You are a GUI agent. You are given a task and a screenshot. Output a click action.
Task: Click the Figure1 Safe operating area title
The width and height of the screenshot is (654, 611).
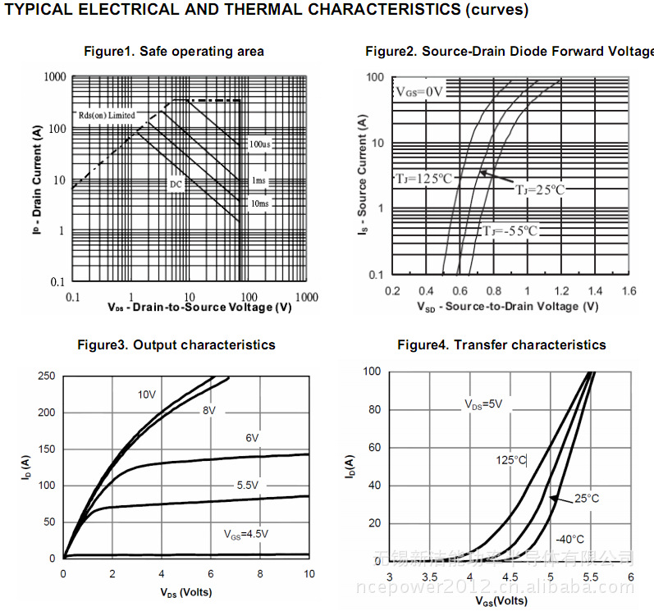pyautogui.click(x=174, y=52)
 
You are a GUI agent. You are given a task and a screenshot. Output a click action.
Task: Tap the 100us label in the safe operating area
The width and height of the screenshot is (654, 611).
pyautogui.click(x=260, y=144)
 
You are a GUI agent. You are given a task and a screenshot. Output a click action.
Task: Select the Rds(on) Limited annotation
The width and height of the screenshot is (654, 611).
pyautogui.click(x=107, y=116)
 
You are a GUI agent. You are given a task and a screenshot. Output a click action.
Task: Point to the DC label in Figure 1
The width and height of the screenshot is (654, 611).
pyautogui.click(x=176, y=185)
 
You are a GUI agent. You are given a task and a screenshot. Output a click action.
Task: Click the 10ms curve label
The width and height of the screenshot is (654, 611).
pyautogui.click(x=258, y=203)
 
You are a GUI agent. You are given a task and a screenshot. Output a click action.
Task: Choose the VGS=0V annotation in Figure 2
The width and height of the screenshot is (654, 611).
pyautogui.click(x=420, y=91)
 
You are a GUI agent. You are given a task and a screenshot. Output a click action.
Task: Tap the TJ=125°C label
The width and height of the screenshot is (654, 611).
pyautogui.click(x=423, y=178)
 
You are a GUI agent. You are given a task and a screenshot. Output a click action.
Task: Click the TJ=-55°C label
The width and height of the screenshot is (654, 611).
pyautogui.click(x=510, y=230)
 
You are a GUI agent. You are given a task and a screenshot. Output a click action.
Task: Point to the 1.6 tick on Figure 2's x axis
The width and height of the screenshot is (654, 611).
pyautogui.click(x=629, y=291)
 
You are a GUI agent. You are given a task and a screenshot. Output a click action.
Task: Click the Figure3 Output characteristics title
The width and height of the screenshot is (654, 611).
pyautogui.click(x=176, y=345)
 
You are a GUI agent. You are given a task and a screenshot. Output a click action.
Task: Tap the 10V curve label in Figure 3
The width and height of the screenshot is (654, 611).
pyautogui.click(x=146, y=395)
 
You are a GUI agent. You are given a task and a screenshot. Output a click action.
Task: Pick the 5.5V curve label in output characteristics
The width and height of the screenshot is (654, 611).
pyautogui.click(x=248, y=486)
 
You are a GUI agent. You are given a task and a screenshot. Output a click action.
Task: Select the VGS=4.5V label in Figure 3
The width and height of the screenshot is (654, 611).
pyautogui.click(x=246, y=534)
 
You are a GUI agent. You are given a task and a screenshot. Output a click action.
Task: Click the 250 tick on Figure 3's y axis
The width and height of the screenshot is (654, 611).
pyautogui.click(x=48, y=376)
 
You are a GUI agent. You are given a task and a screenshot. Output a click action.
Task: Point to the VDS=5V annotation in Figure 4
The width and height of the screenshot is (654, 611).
pyautogui.click(x=483, y=404)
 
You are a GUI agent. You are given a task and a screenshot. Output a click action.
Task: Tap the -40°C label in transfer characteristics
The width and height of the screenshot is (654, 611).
pyautogui.click(x=569, y=540)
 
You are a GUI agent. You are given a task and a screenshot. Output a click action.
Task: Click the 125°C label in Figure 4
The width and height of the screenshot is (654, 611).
pyautogui.click(x=510, y=460)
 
